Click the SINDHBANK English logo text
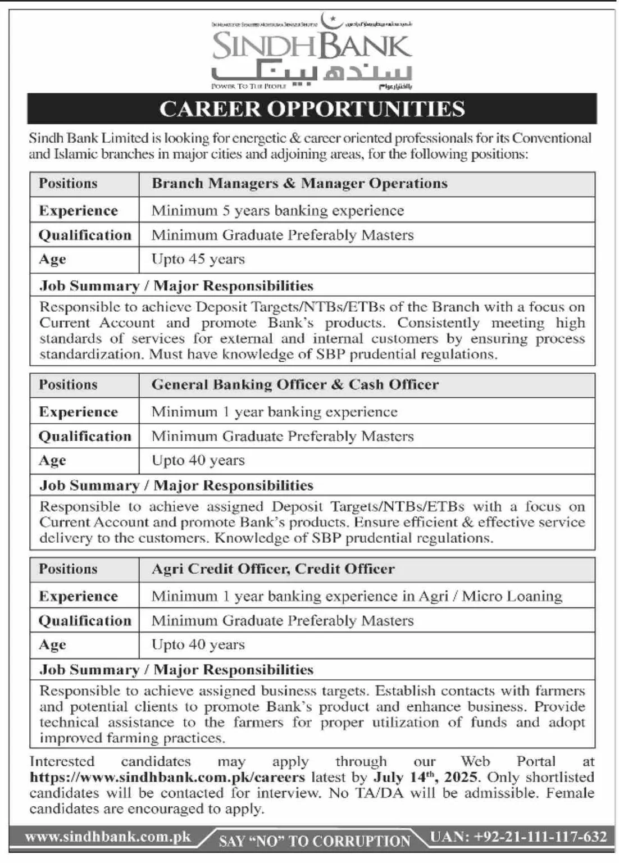click(312, 47)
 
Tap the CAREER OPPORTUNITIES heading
click(312, 108)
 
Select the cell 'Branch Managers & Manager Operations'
click(299, 184)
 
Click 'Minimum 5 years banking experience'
click(277, 211)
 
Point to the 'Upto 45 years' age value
click(198, 259)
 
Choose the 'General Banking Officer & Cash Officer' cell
click(295, 385)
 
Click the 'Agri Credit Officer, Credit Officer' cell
click(273, 569)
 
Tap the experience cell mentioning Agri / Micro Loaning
click(356, 596)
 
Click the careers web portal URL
click(167, 778)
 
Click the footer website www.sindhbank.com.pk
click(108, 837)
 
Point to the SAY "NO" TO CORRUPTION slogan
click(315, 841)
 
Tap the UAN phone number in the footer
click(518, 837)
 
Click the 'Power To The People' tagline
click(248, 87)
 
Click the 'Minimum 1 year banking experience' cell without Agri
click(274, 412)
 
